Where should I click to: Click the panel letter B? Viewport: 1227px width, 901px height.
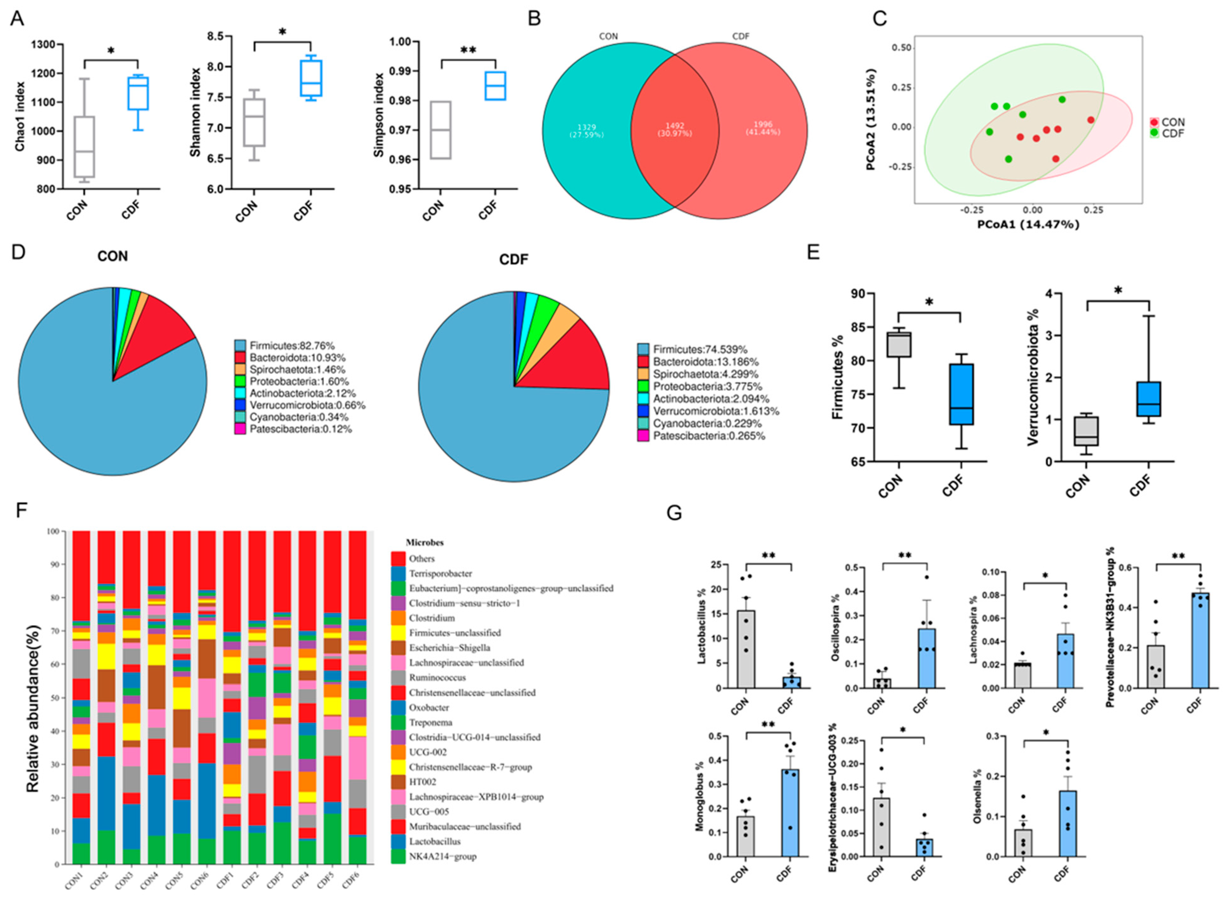(x=534, y=19)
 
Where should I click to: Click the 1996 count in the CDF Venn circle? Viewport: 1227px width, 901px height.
(x=763, y=128)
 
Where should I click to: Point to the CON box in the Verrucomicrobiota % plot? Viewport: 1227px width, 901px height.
(x=1086, y=431)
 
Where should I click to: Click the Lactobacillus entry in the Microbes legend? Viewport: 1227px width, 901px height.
(x=435, y=842)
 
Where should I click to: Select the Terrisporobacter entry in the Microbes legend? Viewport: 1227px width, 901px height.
(x=440, y=573)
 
